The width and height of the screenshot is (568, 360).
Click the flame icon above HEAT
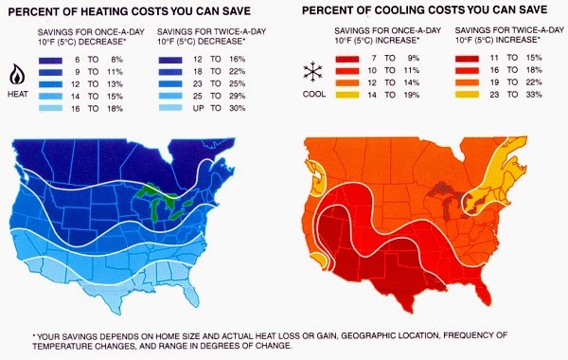tap(17, 75)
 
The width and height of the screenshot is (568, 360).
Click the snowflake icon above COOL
tap(313, 71)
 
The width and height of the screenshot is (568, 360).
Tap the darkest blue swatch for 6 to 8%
tap(50, 61)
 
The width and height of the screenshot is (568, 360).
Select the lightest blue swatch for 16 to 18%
tap(50, 108)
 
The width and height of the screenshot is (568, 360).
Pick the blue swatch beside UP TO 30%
tap(170, 108)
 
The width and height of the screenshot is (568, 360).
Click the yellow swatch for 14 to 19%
tap(347, 95)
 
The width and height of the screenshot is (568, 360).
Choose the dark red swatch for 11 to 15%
tap(467, 58)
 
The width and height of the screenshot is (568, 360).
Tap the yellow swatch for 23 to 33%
tap(467, 95)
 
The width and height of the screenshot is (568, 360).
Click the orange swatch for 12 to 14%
tap(347, 82)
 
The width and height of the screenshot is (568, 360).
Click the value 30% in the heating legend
tap(238, 108)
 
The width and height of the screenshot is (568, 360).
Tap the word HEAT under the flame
tap(18, 94)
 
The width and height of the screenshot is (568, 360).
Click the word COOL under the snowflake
tap(314, 94)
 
